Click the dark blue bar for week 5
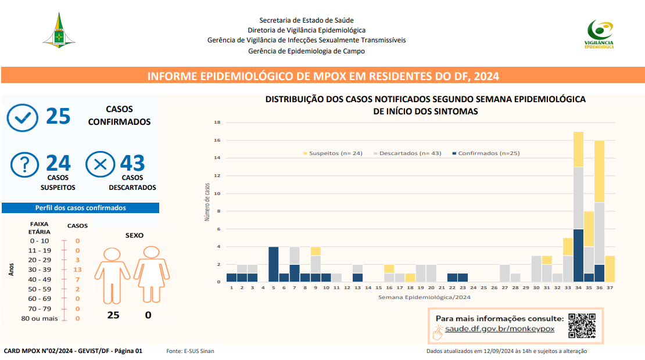274,264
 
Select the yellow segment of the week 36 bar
599,172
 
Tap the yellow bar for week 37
610,269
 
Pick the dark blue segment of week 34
578,255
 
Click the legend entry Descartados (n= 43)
407,153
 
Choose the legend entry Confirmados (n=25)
486,153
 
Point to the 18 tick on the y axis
217,123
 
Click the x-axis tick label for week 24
473,287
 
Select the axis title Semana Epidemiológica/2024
424,297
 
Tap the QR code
582,326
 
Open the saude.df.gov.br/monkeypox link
499,329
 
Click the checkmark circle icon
23,118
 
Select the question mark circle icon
24,164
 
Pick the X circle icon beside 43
101,164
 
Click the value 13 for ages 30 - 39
77,269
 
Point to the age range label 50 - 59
40,289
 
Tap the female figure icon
152,274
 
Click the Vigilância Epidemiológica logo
599,34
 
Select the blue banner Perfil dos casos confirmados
81,208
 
